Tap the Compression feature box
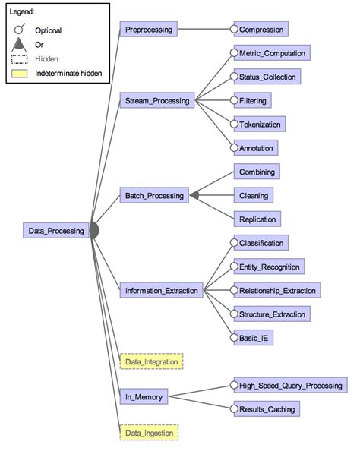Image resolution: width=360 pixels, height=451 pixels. tap(261, 30)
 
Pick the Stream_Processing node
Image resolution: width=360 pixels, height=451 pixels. tap(155, 99)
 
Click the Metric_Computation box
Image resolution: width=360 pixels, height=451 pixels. tap(272, 53)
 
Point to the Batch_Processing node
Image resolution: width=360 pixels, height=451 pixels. tap(154, 195)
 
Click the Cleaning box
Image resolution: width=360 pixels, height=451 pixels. tap(252, 195)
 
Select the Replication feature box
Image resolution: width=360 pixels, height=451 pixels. tap(257, 219)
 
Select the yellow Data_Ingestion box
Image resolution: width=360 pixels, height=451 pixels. tap(150, 433)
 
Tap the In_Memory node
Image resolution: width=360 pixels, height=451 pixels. tap(142, 396)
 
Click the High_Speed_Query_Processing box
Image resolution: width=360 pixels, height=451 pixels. tap(289, 386)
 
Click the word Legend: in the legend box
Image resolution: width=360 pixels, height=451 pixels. tap(23, 13)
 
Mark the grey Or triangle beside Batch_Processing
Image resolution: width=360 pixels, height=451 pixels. tap(194, 195)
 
